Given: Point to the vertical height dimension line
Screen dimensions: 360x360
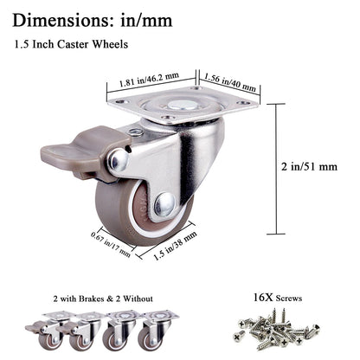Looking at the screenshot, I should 277,169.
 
